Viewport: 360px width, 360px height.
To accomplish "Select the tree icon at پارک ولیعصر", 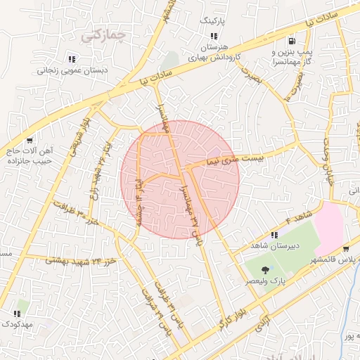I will (264, 270).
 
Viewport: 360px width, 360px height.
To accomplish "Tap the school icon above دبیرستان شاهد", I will (274, 235).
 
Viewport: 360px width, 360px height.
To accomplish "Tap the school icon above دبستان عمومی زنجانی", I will (71, 59).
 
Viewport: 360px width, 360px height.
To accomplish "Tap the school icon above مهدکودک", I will (17, 313).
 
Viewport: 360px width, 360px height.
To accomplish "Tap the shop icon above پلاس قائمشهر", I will (346, 249).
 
